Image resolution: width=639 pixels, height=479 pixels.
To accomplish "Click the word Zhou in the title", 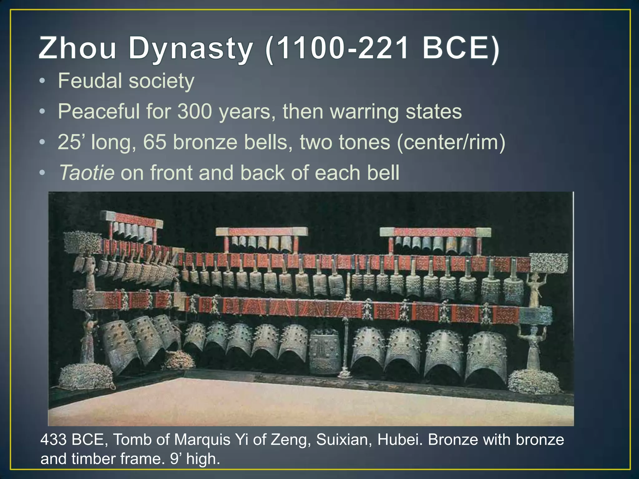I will click(77, 48).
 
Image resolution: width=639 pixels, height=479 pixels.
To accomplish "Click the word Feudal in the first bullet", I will click(90, 81).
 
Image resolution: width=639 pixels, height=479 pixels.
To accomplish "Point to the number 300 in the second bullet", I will click(195, 111).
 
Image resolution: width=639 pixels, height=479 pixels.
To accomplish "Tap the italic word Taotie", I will click(87, 173).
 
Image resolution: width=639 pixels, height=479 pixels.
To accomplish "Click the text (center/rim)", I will click(451, 142).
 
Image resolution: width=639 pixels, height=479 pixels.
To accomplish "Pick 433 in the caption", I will click(53, 440).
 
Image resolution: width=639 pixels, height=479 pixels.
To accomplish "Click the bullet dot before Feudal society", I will click(42, 81).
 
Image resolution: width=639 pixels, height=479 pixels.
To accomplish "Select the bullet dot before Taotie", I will click(42, 173).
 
